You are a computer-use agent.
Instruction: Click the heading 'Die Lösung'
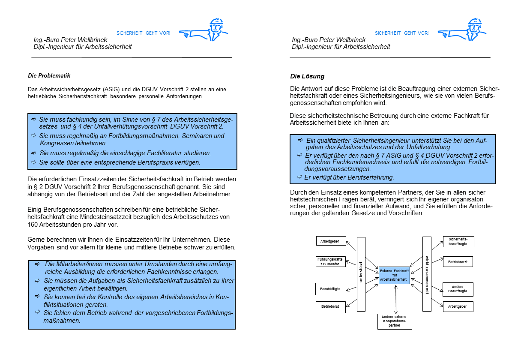pyautogui.click(x=307, y=76)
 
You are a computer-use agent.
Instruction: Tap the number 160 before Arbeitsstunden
pyautogui.click(x=35, y=225)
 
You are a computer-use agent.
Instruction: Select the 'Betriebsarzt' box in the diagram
pyautogui.click(x=458, y=261)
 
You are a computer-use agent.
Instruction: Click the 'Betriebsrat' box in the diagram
pyautogui.click(x=330, y=307)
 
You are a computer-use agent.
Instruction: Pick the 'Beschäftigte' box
pyautogui.click(x=330, y=289)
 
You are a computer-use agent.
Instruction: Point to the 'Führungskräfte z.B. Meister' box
pyautogui.click(x=330, y=261)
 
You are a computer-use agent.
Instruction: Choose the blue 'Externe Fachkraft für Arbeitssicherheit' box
pyautogui.click(x=394, y=275)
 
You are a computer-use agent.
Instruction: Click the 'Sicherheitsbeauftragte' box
pyautogui.click(x=458, y=241)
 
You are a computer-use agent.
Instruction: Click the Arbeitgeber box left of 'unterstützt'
pyautogui.click(x=330, y=241)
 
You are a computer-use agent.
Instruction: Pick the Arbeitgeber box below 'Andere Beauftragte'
pyautogui.click(x=458, y=307)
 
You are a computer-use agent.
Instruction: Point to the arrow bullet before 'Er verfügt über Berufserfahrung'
pyautogui.click(x=300, y=177)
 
